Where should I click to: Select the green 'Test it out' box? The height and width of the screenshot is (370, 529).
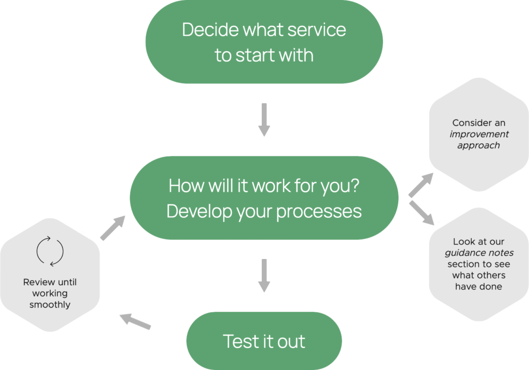264,341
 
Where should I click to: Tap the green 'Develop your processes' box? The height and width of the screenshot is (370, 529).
264,199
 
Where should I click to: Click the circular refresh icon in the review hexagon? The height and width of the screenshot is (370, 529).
50,251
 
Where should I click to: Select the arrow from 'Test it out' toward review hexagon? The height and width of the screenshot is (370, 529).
135,321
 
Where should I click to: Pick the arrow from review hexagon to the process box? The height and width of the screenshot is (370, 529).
113,228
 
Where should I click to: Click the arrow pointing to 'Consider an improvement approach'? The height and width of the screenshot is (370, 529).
421,186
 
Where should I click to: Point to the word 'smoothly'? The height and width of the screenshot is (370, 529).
50,305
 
